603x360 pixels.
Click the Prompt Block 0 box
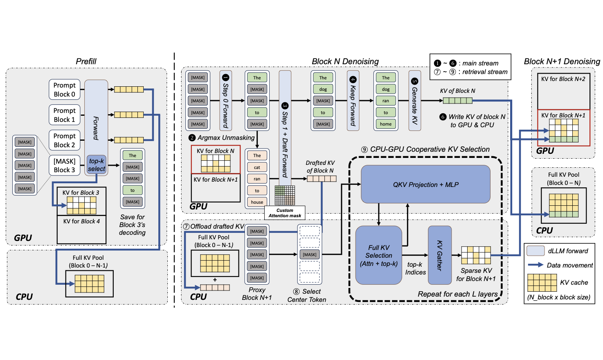point(65,90)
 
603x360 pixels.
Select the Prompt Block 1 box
point(65,115)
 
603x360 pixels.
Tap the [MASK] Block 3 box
point(65,165)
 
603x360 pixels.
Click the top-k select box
point(97,165)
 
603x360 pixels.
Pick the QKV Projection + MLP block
point(425,184)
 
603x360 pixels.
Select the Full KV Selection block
point(379,255)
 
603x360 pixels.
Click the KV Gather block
point(440,255)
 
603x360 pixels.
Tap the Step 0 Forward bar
point(225,101)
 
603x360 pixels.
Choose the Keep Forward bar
point(353,101)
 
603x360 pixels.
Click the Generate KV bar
point(415,101)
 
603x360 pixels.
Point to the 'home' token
point(386,124)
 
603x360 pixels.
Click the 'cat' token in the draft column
point(257,167)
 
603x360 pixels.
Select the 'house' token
point(257,202)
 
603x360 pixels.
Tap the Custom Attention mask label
point(285,213)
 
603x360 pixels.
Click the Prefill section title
point(86,61)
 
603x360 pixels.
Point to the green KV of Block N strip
point(458,101)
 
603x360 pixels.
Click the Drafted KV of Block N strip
point(322,178)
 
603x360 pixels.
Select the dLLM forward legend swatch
point(535,251)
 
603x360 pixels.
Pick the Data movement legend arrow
point(535,265)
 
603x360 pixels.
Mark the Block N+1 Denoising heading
point(562,61)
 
